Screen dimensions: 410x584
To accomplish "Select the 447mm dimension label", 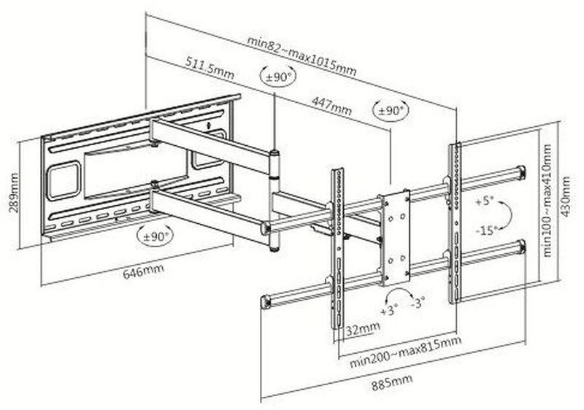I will click(x=331, y=105).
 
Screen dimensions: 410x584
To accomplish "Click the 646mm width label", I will click(x=142, y=270).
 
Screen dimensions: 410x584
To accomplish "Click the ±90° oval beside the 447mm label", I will click(x=391, y=111).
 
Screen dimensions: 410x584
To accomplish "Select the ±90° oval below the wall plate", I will click(x=155, y=235).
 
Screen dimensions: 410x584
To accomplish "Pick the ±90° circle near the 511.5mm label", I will click(x=277, y=75).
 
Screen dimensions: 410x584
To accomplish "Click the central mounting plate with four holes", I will click(x=395, y=238).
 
